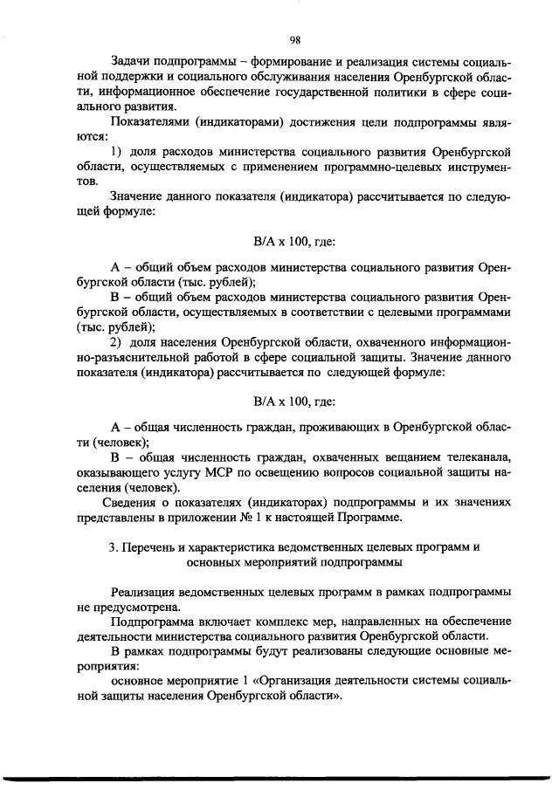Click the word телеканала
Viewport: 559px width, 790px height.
click(469, 457)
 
